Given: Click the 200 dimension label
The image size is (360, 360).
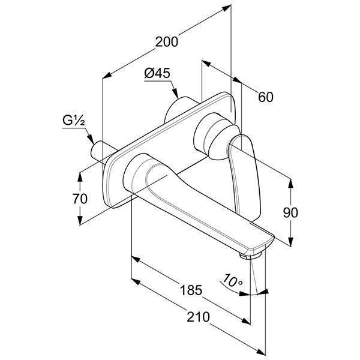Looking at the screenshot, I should (166, 42).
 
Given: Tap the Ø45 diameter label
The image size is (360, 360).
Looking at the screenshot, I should (158, 74).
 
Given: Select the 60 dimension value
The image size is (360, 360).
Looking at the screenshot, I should (266, 96).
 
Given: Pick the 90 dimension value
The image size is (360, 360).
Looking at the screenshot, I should (290, 212).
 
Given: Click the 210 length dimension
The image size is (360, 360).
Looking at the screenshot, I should (199, 317).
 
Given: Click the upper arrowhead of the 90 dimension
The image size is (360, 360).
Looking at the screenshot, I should (290, 181).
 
